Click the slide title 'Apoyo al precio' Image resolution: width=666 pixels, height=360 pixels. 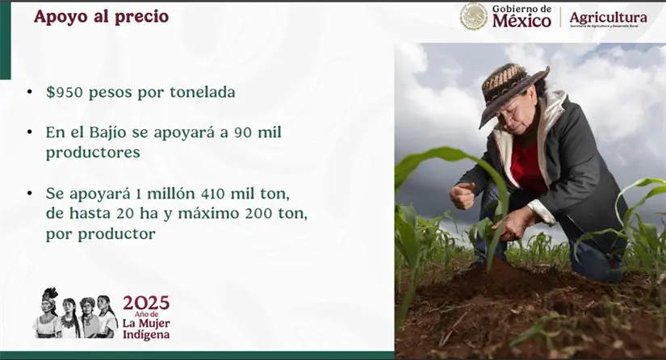(x=101, y=16)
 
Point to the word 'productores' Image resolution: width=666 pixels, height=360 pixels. (x=93, y=153)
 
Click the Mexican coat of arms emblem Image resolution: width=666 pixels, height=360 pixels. (x=474, y=16)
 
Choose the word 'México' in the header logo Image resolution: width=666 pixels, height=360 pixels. (x=521, y=20)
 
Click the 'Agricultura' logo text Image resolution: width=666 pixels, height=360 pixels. (x=608, y=17)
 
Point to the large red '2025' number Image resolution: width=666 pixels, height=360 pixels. (x=146, y=303)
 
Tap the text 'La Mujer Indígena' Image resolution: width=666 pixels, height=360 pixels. (x=146, y=329)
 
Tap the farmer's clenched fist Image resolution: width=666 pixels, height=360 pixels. (x=463, y=195)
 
